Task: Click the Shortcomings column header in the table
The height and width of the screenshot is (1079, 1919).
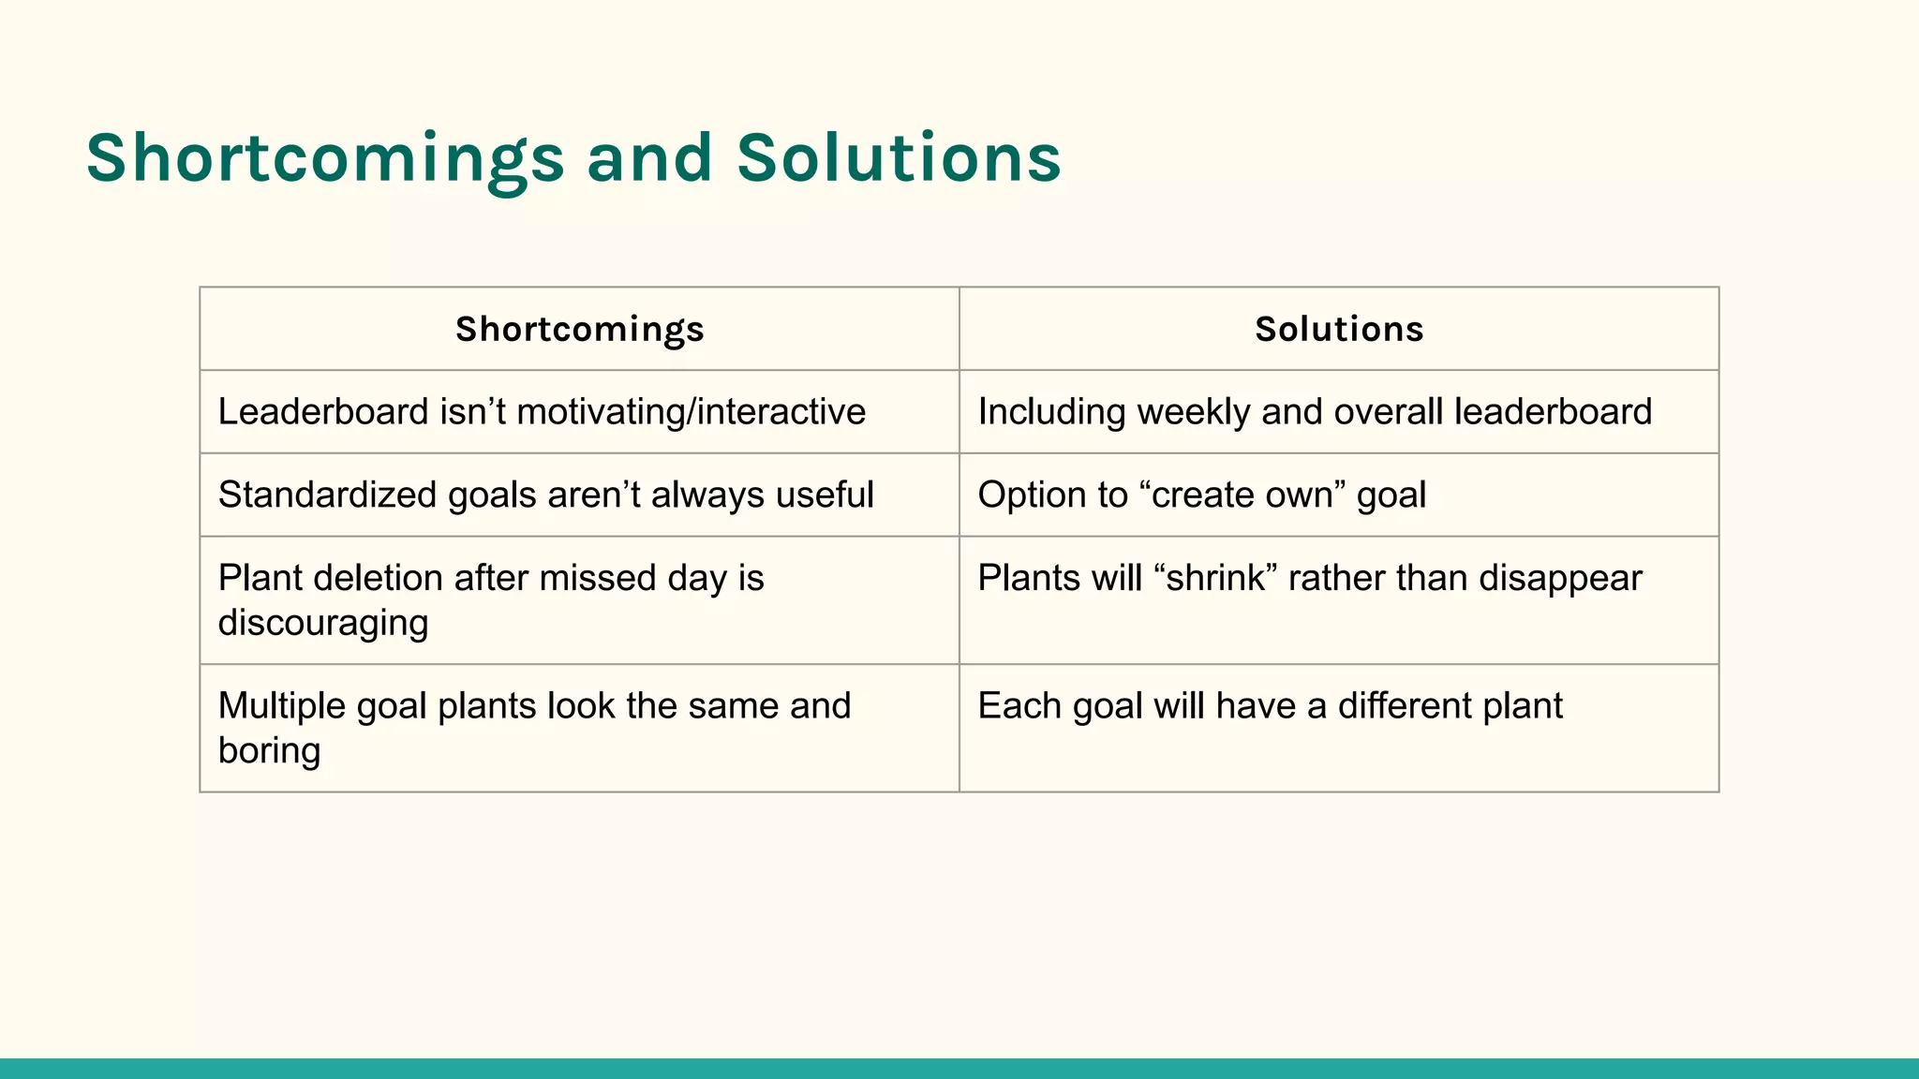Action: click(579, 330)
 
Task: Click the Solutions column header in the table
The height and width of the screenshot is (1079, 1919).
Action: click(1339, 330)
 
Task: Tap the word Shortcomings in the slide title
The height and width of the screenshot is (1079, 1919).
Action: click(325, 157)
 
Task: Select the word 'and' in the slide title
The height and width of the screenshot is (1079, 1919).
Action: click(649, 157)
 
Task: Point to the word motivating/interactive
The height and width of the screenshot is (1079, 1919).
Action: click(691, 412)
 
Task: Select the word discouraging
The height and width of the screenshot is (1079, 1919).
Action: click(323, 623)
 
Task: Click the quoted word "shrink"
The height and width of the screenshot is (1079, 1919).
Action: click(1216, 578)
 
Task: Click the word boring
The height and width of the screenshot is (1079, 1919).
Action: click(270, 750)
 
